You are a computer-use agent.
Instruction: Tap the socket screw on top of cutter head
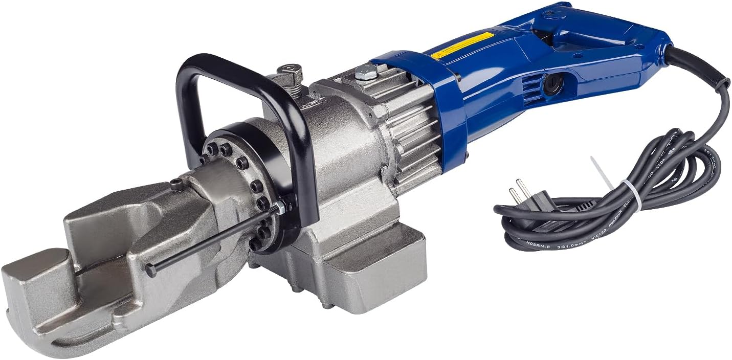178,186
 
